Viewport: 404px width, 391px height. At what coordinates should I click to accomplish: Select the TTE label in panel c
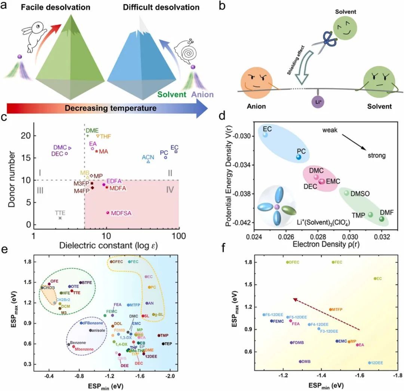pos(60,213)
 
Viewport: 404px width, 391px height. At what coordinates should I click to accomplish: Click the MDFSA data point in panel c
pos(108,213)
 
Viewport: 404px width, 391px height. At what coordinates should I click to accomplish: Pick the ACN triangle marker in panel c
pos(148,161)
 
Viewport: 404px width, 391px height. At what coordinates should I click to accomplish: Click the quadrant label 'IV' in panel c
pos(170,190)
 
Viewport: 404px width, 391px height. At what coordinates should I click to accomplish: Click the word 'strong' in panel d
pos(376,155)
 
